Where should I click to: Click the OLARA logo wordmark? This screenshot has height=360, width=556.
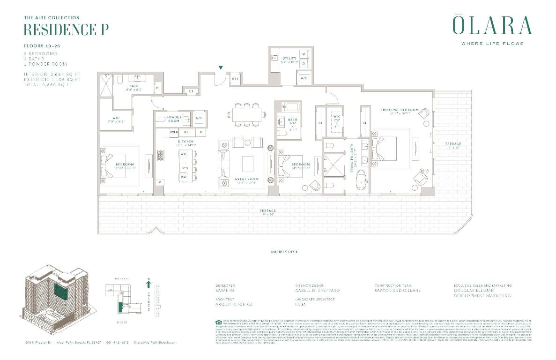[492, 26]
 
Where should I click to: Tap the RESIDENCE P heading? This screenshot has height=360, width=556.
[66, 29]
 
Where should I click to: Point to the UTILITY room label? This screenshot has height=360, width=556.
[289, 58]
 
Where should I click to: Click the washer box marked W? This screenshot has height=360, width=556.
[304, 54]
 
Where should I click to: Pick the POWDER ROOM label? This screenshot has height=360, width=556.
[174, 119]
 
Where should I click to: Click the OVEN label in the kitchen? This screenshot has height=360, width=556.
[173, 133]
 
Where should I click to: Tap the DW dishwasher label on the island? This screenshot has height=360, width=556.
[184, 177]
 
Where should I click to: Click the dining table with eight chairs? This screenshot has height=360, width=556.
[248, 115]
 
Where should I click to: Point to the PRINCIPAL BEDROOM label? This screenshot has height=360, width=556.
[399, 110]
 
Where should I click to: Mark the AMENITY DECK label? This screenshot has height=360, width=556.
[284, 252]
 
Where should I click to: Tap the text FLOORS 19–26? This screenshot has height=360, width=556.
[42, 46]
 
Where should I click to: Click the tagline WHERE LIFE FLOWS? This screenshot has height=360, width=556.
[492, 44]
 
